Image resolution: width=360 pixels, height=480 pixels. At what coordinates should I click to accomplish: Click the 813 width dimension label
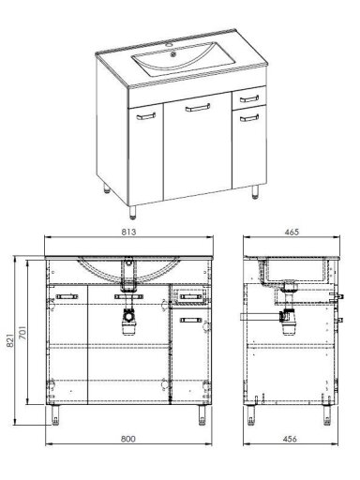(128, 232)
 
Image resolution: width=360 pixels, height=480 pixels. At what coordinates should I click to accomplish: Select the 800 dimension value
(128, 439)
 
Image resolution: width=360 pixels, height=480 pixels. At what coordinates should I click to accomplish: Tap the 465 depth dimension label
(292, 232)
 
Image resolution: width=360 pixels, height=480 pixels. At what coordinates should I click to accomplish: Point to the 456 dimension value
(290, 439)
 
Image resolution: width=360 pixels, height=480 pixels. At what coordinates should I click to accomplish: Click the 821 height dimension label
(10, 340)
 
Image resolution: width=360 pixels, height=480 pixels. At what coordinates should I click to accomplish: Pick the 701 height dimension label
(22, 333)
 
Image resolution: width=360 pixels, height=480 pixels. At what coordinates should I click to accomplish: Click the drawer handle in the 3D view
(249, 99)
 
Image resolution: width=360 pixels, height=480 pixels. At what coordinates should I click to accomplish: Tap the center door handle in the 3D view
(198, 108)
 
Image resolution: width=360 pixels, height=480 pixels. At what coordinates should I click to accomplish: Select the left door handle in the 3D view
(146, 116)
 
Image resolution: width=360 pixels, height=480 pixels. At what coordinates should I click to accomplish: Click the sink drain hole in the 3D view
(173, 56)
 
